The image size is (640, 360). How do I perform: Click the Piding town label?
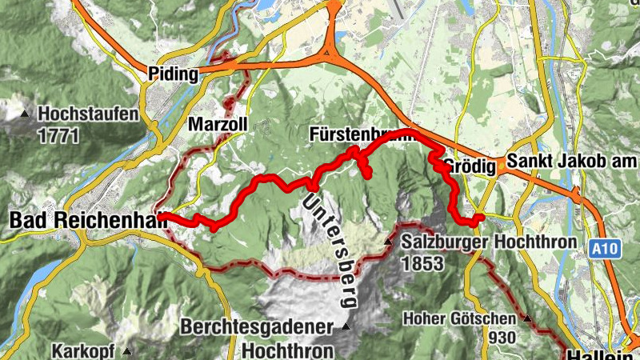pos(173,74)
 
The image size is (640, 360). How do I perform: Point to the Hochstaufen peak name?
pos(88,114)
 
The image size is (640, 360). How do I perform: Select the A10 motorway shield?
pos(606,250)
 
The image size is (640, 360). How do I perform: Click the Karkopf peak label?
pos(85,350)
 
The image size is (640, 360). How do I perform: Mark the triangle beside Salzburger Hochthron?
pos(388,242)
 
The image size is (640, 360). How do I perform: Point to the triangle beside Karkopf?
pos(126,350)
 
